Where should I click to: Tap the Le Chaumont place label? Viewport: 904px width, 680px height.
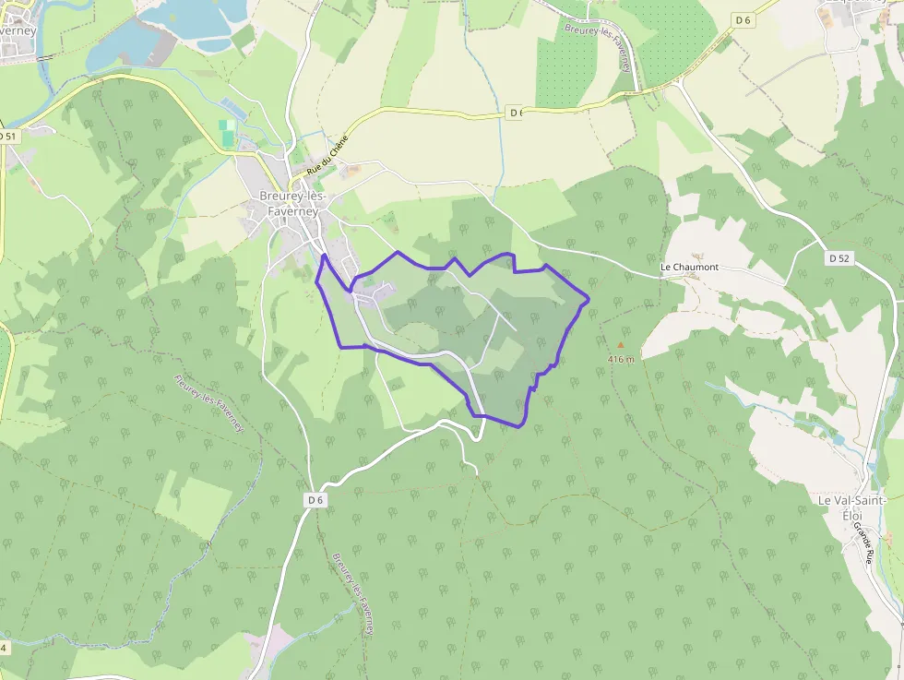(x=689, y=268)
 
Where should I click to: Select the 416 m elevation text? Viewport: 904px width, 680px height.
(x=621, y=359)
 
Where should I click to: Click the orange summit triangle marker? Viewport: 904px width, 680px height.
(x=620, y=345)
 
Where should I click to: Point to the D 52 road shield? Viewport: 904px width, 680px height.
(x=839, y=259)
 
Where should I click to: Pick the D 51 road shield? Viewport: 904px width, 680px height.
(x=8, y=137)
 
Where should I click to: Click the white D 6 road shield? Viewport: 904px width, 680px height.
(x=315, y=500)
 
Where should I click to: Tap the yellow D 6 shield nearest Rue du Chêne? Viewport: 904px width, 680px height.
(x=516, y=113)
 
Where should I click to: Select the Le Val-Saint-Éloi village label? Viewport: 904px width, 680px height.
(x=851, y=507)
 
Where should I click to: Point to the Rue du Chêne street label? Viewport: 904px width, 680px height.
(x=329, y=155)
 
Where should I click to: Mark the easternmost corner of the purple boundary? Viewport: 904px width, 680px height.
(x=589, y=298)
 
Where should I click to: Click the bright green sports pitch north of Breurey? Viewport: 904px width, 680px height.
(x=227, y=131)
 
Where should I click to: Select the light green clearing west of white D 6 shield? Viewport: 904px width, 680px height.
(x=193, y=503)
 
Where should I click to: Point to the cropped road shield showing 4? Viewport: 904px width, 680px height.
(x=4, y=648)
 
